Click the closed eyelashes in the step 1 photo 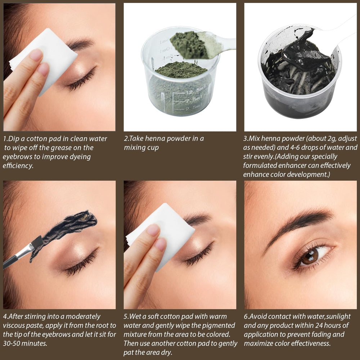click(x=81, y=79)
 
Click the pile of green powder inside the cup click(x=181, y=70)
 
